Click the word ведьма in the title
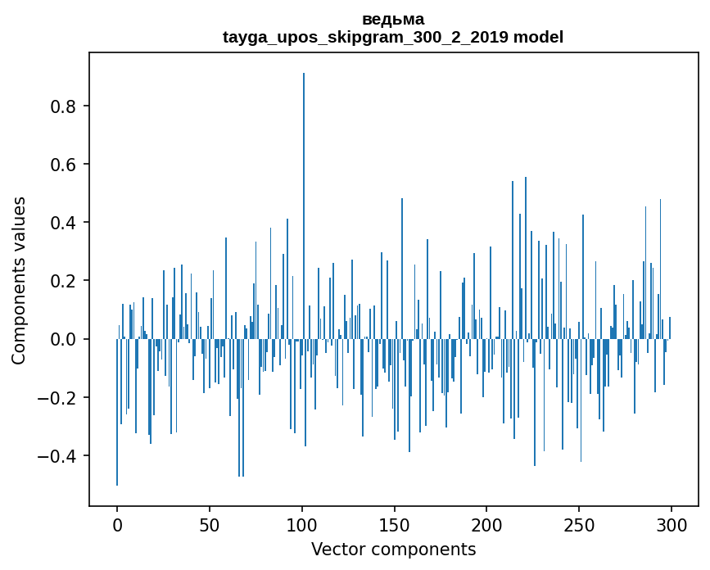click(x=393, y=19)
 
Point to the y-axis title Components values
click(x=19, y=280)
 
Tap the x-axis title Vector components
click(x=393, y=549)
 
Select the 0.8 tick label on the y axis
click(x=66, y=106)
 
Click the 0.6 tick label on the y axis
click(x=66, y=165)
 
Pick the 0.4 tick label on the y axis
click(x=66, y=223)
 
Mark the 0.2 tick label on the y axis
click(x=66, y=281)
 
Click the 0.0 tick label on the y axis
click(x=66, y=339)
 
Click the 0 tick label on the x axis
click(x=117, y=523)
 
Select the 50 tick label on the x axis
click(x=210, y=523)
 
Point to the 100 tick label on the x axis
click(x=302, y=523)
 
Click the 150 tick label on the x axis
click(x=394, y=523)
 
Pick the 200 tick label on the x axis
click(x=486, y=523)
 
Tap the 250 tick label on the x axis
click(x=579, y=523)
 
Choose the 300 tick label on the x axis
click(x=672, y=523)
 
